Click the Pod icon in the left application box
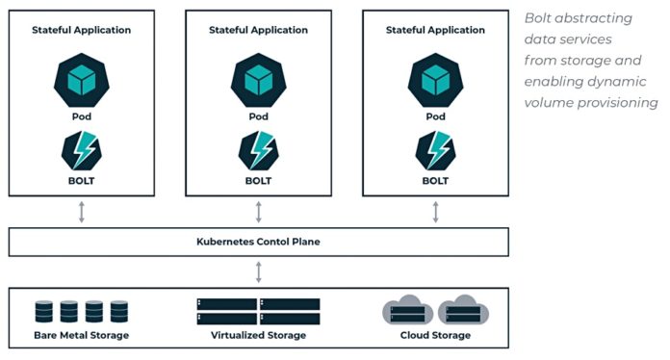82,77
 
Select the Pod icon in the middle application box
258,77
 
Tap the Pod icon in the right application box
435,77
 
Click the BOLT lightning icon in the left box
82,150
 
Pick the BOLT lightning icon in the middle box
258,150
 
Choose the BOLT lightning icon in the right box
435,150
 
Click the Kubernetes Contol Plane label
258,242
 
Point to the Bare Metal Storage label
82,335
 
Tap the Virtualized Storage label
258,335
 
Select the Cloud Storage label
435,335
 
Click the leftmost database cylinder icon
44,312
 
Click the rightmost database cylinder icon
119,312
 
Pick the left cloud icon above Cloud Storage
407,310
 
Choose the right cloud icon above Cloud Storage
463,310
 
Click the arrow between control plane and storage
258,271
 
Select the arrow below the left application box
82,212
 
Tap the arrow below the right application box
435,212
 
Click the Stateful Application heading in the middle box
258,30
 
